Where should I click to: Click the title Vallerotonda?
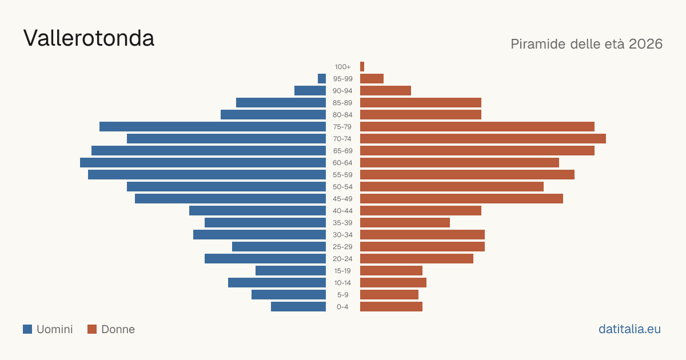coord(89,38)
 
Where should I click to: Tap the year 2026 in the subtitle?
coord(645,44)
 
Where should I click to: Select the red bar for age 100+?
coord(362,67)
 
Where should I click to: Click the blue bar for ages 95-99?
coord(322,79)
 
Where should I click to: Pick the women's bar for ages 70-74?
coord(483,139)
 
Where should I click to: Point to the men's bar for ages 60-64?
coord(203,162)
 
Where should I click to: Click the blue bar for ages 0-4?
coord(298,307)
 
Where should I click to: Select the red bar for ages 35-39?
coord(405,222)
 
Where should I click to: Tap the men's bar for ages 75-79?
coord(213,127)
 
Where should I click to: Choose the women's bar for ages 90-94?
coord(385,91)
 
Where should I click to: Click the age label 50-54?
coord(342,187)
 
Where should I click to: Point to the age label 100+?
coord(342,67)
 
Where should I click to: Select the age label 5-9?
coord(342,295)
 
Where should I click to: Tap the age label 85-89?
coord(342,103)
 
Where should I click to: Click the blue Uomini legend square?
coord(27,329)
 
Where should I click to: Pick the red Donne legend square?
coord(92,329)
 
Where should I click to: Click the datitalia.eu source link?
coord(629,329)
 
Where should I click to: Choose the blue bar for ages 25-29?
coord(279,247)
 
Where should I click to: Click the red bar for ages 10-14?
coord(393,282)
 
